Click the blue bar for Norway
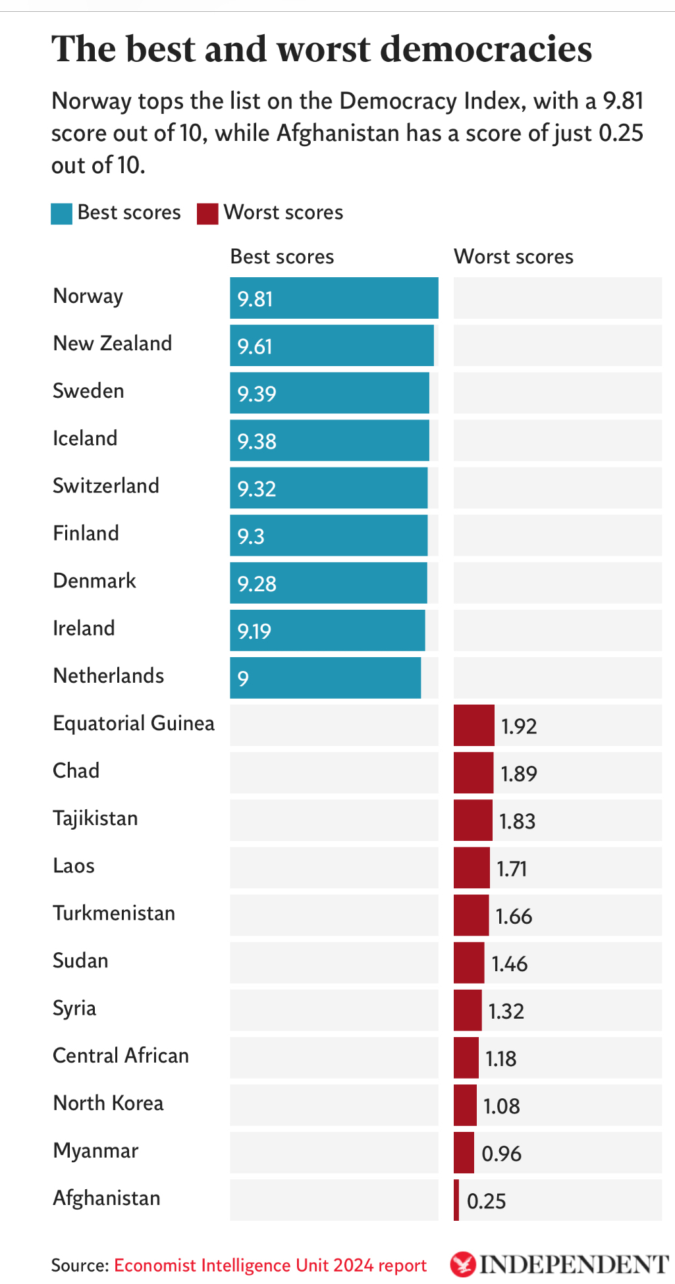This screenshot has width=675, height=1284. tap(334, 298)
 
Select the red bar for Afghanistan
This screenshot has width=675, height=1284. tap(456, 1200)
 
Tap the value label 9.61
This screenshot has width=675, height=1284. tap(255, 346)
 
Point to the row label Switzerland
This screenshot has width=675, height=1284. tap(106, 486)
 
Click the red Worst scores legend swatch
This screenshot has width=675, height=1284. tap(207, 213)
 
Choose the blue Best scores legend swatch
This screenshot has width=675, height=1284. tap(61, 213)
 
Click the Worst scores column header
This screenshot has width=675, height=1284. tap(514, 257)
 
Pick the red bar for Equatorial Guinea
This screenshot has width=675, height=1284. tap(473, 725)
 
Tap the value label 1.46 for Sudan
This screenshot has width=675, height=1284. tap(509, 964)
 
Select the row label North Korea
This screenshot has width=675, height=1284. tap(108, 1103)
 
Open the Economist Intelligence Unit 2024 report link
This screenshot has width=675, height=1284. tap(270, 1266)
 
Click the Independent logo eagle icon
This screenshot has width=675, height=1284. tap(463, 1264)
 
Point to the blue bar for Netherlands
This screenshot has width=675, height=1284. tap(325, 678)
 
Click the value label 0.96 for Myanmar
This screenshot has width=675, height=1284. tap(501, 1154)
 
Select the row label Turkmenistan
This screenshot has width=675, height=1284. tap(114, 913)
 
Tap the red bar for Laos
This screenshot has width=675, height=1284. tap(472, 868)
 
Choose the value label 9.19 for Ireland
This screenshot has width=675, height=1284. tap(254, 631)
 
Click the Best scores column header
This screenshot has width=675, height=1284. tap(282, 257)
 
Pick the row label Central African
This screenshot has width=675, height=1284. tap(121, 1056)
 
